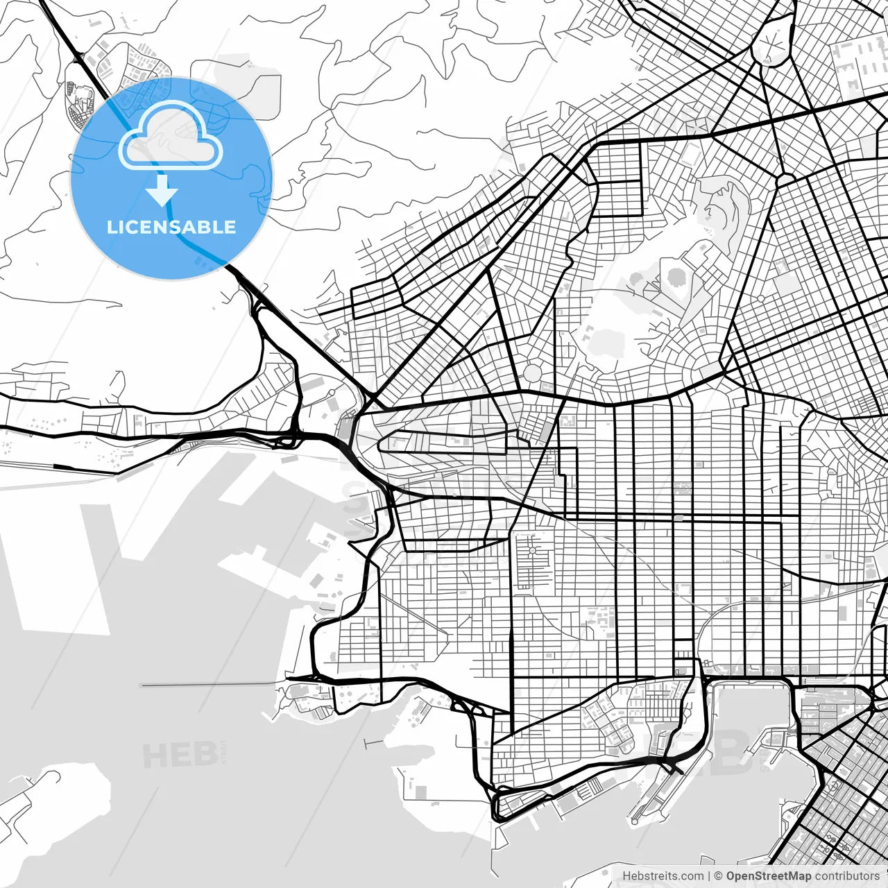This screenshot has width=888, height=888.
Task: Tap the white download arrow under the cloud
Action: point(162,191)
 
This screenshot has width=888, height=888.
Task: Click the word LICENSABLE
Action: point(171,227)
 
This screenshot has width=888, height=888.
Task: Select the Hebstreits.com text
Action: point(663,876)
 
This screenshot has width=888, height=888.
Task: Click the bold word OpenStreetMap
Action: point(768,876)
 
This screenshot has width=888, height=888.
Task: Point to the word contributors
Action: point(847,876)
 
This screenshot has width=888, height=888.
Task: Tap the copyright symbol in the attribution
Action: point(718,876)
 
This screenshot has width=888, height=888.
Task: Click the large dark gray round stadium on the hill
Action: point(675,278)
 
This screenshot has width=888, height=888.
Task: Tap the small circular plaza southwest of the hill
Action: point(532,373)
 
